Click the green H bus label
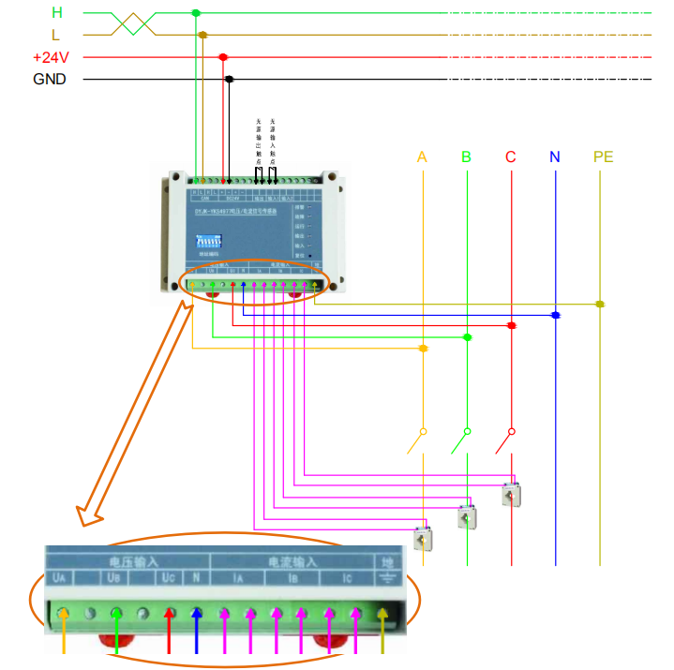pos(57,12)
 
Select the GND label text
pos(50,80)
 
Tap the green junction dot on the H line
pos(195,13)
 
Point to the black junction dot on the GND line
pos(229,80)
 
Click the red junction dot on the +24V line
pos(222,57)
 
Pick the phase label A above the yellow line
pos(422,156)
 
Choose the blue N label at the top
pos(555,156)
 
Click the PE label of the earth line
pos(602,156)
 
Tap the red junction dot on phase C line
pos(511,326)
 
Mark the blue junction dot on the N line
pos(555,315)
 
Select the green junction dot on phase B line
pos(467,337)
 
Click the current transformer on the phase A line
pos(423,538)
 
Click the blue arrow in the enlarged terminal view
pos(197,628)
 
